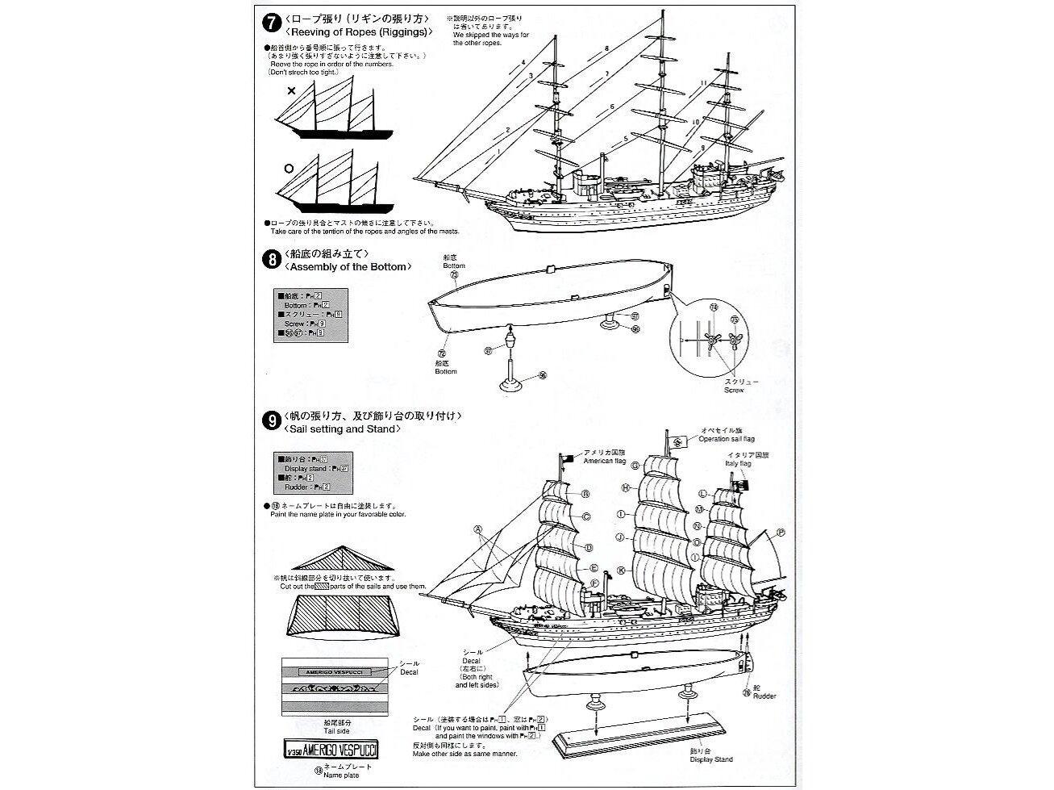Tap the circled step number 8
272,260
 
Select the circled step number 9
272,421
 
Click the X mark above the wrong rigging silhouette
291,91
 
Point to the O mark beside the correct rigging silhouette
288,169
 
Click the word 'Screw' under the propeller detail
734,390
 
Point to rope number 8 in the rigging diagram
606,50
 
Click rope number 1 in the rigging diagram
499,151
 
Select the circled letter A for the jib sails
478,530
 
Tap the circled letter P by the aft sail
781,533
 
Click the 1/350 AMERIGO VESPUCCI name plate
334,748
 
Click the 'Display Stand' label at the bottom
699,759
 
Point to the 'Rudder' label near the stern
764,696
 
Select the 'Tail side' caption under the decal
335,727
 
